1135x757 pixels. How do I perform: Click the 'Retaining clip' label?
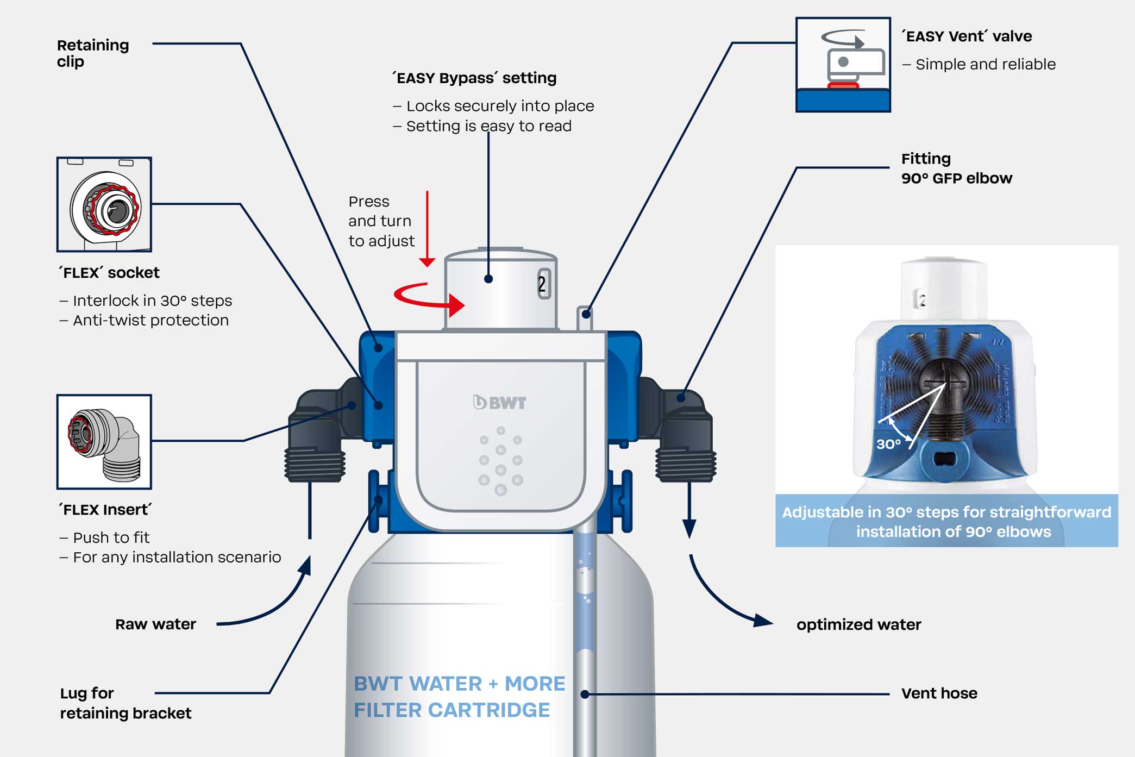(93, 53)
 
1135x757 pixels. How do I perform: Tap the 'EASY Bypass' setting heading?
(474, 78)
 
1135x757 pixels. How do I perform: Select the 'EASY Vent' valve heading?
(967, 36)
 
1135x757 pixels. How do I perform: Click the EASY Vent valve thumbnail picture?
(843, 65)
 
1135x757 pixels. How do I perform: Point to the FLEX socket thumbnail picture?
(104, 204)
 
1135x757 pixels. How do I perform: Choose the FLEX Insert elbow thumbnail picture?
(104, 442)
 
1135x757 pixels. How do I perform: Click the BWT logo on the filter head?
(500, 402)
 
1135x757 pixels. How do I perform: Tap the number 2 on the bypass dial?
(542, 284)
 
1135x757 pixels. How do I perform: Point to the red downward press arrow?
(428, 229)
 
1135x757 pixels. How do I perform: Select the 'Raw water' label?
(155, 624)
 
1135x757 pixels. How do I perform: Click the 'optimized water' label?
(858, 625)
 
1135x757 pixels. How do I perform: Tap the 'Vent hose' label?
(939, 693)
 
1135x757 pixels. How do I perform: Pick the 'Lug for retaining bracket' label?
(126, 703)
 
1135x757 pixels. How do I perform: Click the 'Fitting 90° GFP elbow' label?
(957, 168)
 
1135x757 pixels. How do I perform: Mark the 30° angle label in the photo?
(888, 444)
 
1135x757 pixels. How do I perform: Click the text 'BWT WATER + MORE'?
(460, 684)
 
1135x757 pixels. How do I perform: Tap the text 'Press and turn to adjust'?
(381, 221)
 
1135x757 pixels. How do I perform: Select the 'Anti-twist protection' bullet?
(144, 321)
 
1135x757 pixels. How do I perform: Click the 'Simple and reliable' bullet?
(979, 64)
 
